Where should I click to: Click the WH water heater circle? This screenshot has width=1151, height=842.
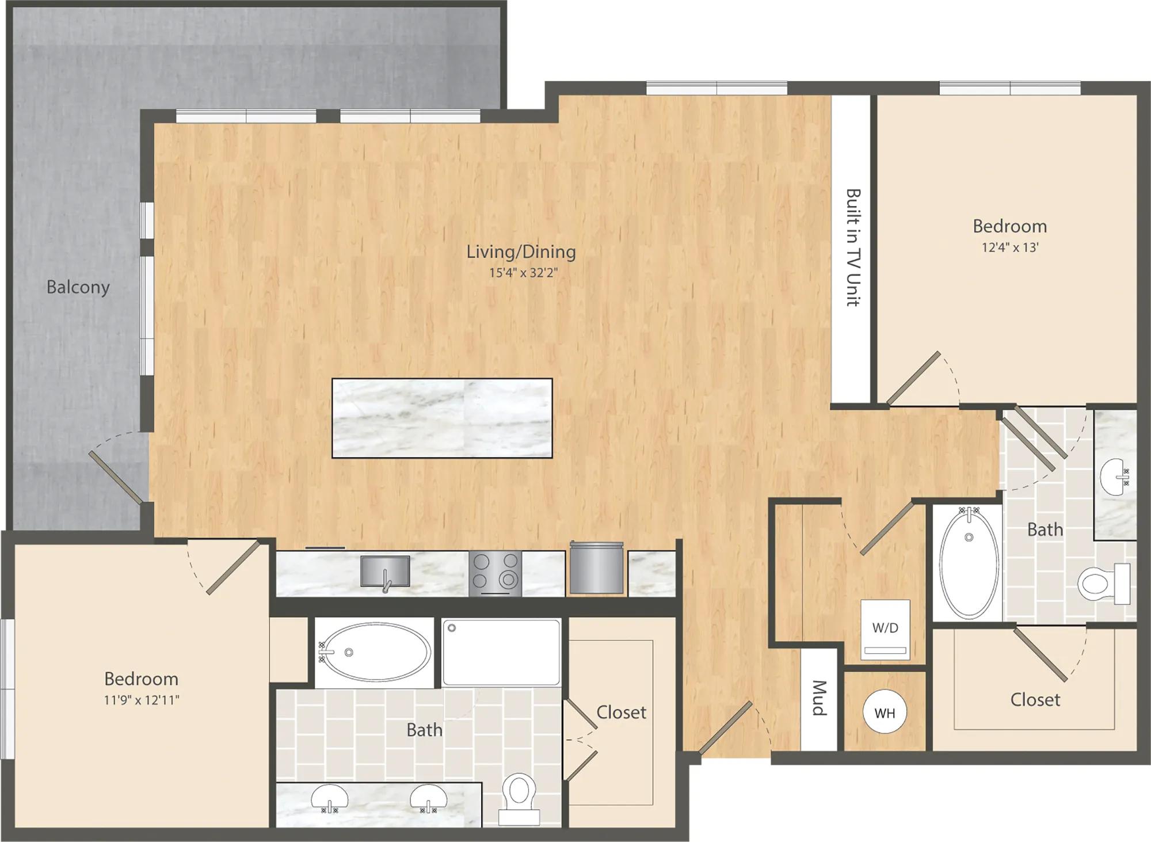pos(885,712)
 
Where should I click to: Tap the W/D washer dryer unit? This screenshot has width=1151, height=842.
pos(885,630)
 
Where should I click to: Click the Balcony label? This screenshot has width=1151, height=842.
pos(78,287)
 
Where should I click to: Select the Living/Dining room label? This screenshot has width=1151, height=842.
pos(521,252)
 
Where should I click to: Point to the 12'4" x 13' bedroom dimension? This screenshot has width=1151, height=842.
pos(1010,247)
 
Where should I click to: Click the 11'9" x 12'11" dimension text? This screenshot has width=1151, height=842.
pos(142,700)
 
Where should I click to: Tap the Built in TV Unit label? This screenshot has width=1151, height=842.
pos(853,247)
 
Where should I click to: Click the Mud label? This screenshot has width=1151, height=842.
pos(819,698)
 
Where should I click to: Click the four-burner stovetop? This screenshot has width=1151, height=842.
pos(496,573)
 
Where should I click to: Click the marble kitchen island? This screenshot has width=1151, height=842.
pos(442,418)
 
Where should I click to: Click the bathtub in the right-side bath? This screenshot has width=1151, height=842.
pos(969,562)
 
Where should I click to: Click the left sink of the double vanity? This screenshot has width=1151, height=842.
pos(330,798)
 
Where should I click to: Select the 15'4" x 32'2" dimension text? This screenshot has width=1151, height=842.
pos(524,272)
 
